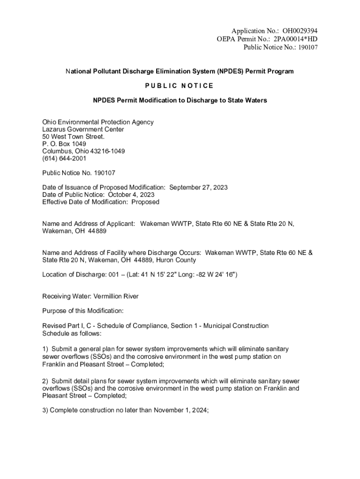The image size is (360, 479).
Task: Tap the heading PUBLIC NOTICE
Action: click(x=180, y=86)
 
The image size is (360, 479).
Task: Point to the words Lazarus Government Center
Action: click(x=83, y=130)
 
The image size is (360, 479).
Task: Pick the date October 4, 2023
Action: click(x=131, y=195)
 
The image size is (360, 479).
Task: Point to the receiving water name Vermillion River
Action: click(x=116, y=297)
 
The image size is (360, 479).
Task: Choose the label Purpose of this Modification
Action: click(x=83, y=311)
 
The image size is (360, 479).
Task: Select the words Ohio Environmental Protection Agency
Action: click(x=98, y=122)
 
